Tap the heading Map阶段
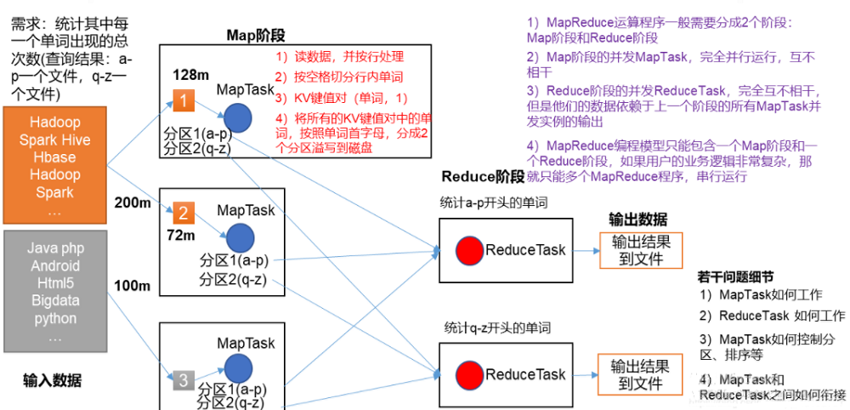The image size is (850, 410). [255, 34]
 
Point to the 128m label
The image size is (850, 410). [191, 74]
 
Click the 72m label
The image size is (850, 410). [182, 235]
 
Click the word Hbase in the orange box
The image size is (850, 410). [55, 157]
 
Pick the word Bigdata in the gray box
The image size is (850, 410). [55, 301]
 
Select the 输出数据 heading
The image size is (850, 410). [637, 219]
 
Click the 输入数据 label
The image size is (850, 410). [53, 379]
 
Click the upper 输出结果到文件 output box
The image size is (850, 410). [641, 250]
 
